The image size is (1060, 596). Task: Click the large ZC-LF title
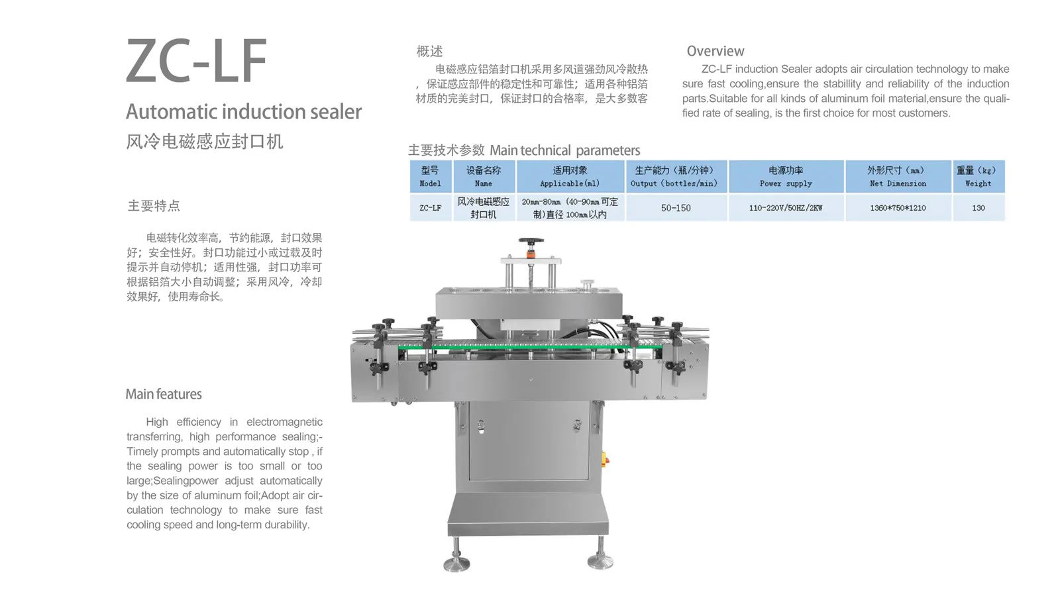click(196, 61)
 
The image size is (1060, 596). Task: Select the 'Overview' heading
click(715, 51)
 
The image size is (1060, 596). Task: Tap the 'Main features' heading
click(164, 394)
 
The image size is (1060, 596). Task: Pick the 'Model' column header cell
click(430, 176)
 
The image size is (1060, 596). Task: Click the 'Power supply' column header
click(786, 176)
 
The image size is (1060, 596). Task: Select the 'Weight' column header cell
click(978, 176)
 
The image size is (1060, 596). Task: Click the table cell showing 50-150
click(676, 208)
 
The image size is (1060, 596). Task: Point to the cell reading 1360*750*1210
click(898, 208)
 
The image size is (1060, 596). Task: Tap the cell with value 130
click(978, 208)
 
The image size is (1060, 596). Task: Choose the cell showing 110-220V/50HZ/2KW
click(786, 208)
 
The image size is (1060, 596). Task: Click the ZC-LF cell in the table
click(430, 208)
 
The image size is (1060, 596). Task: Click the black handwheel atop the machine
click(531, 242)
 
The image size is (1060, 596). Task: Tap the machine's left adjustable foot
click(456, 562)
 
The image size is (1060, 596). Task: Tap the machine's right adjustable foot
click(600, 561)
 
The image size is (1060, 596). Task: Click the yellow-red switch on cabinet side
click(604, 459)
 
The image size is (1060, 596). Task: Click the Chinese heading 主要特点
click(154, 206)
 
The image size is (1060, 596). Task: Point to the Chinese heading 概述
click(429, 51)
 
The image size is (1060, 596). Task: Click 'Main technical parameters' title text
click(564, 150)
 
